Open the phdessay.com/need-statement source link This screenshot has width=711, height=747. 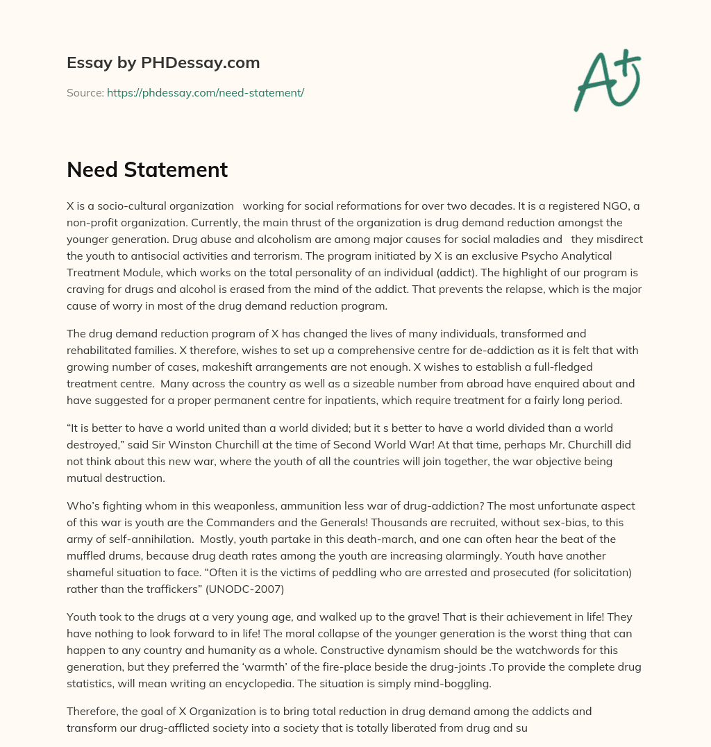pyautogui.click(x=205, y=92)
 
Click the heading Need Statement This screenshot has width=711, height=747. pyautogui.click(x=147, y=169)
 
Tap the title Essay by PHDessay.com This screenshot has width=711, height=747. pyautogui.click(x=163, y=62)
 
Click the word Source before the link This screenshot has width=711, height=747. pyautogui.click(x=84, y=92)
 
